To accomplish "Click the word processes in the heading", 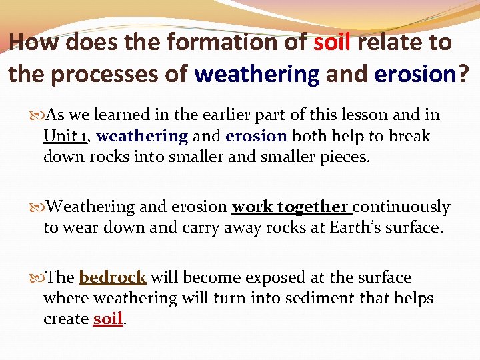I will pos(110,74).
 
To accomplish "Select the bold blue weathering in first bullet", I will pos(142,136).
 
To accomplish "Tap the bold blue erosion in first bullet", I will pos(256,136).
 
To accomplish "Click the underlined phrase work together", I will pos(290,207).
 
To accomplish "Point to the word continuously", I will pos(401,207).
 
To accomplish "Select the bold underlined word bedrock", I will pos(113,277).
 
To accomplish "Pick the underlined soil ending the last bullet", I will pos(107,319).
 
